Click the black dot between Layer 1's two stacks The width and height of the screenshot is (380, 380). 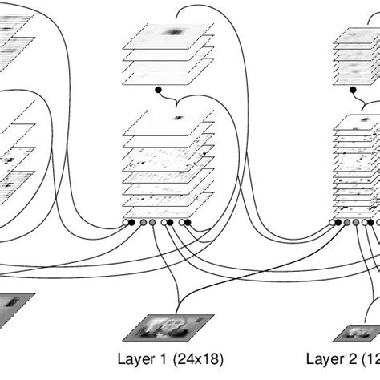[158, 89]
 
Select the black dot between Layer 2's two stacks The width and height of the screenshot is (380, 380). [353, 90]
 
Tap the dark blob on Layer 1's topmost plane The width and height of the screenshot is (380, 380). [173, 32]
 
